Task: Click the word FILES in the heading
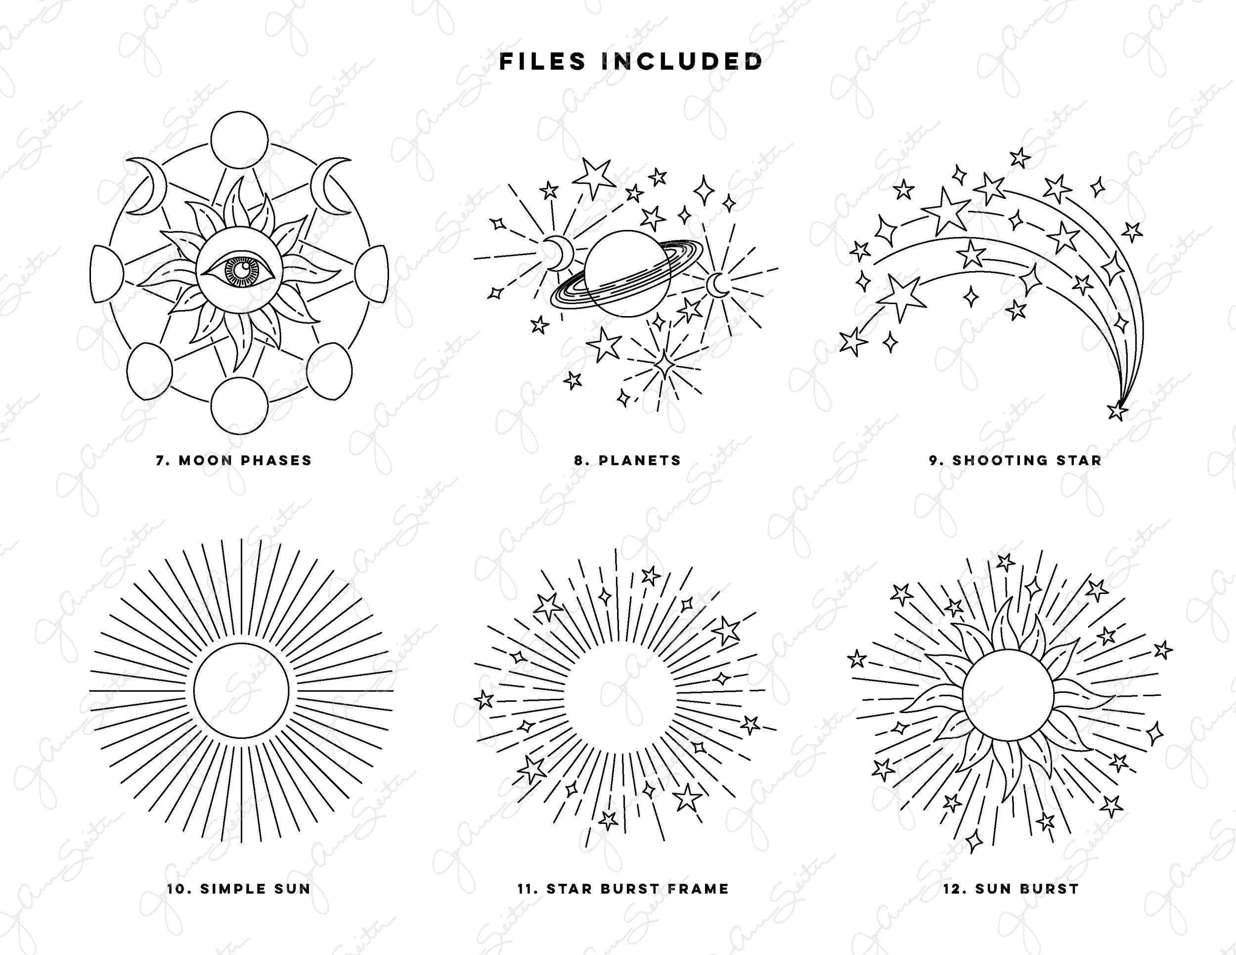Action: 542,62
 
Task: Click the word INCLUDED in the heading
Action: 682,62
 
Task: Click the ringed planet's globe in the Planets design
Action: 627,273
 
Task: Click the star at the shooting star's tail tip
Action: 1116,411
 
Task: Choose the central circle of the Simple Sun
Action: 241,690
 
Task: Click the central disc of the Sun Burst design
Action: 1009,695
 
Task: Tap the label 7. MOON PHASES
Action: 234,460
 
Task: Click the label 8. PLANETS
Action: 627,460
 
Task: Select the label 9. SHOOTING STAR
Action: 1015,460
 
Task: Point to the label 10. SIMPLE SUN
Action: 239,889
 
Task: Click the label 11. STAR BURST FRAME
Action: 623,889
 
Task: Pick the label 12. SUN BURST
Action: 1011,889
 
